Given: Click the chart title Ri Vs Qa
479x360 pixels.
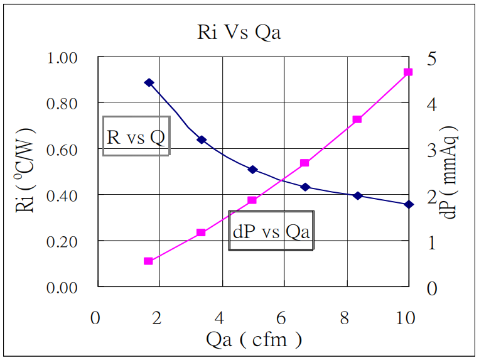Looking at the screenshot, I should (x=239, y=32).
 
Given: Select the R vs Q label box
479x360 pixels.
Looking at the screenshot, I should (x=136, y=136).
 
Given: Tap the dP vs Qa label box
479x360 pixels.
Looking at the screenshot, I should (x=271, y=231).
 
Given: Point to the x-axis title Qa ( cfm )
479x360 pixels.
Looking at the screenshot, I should (x=254, y=340).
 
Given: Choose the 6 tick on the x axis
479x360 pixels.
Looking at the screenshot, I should (x=281, y=318).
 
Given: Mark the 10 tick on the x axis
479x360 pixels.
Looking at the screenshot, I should (x=406, y=318).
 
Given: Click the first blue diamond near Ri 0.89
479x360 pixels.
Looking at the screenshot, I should (x=149, y=83).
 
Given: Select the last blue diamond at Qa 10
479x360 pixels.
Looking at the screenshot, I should (x=409, y=204).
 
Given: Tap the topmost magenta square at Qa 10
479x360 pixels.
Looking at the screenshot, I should (x=408, y=72).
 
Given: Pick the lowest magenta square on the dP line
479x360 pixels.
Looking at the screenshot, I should (x=148, y=261).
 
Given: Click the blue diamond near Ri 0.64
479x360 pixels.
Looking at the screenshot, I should (x=202, y=139).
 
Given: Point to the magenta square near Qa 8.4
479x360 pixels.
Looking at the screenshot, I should (x=357, y=119).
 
